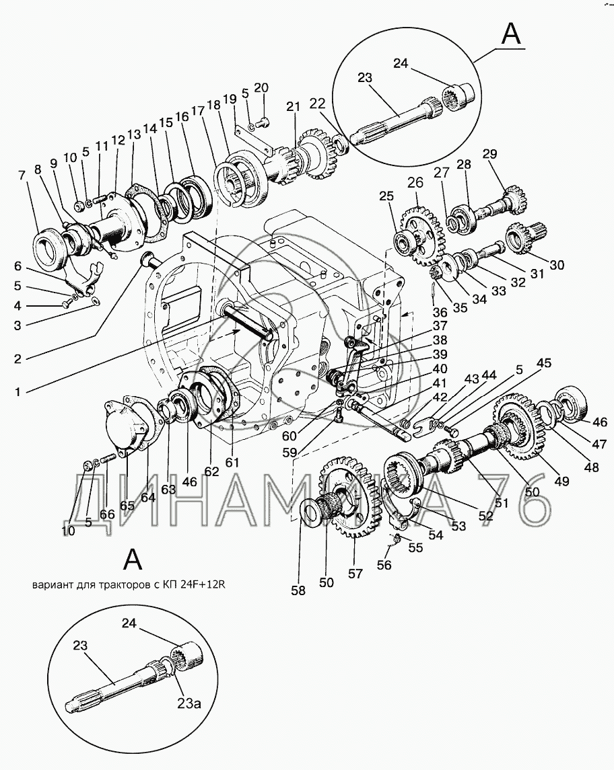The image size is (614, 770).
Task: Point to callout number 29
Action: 491,153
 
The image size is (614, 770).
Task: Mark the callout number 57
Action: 355,574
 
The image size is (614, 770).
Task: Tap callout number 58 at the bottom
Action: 298,590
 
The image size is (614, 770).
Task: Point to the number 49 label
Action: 561,481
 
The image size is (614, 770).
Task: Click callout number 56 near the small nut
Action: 384,566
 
